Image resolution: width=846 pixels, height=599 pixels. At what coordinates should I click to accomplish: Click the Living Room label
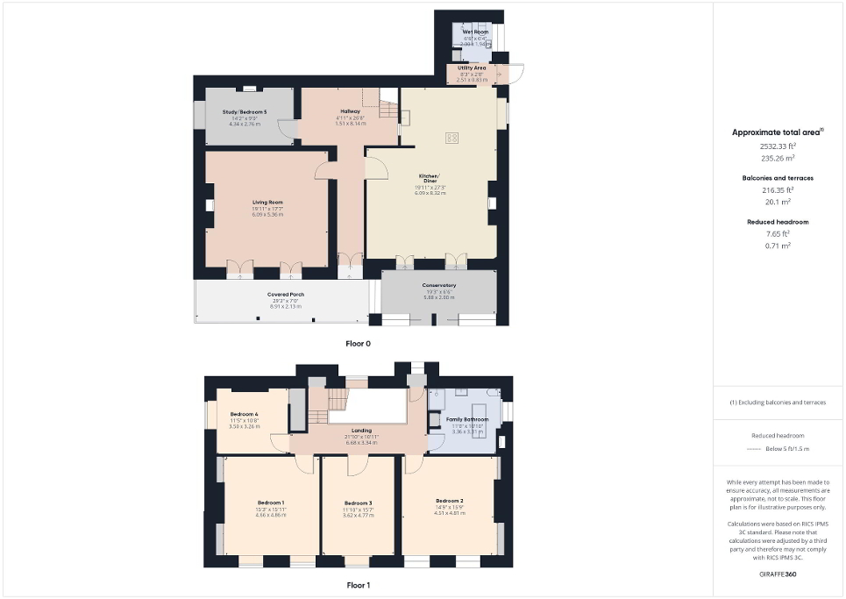(267, 203)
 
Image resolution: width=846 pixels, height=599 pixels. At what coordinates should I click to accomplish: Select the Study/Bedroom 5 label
(245, 112)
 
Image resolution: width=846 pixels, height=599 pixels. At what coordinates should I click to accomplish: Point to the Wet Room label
(475, 32)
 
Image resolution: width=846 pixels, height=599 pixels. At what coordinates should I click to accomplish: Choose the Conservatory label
(438, 285)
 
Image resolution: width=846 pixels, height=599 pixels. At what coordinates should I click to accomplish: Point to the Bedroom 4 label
(245, 414)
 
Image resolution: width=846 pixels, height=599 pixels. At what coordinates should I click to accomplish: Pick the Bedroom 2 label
(448, 500)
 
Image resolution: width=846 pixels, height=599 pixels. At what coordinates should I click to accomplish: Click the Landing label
(361, 431)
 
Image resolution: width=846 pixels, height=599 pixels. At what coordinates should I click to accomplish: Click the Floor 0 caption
(358, 344)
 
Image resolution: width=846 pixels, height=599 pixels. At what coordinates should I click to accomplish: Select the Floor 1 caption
(358, 583)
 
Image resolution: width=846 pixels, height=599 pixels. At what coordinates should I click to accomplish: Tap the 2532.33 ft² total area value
(778, 146)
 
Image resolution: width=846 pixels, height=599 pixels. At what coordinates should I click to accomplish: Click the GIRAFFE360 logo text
(778, 574)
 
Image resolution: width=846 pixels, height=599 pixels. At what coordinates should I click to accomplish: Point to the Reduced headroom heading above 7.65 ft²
(778, 222)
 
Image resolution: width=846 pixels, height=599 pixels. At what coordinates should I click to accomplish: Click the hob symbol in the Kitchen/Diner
(453, 137)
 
